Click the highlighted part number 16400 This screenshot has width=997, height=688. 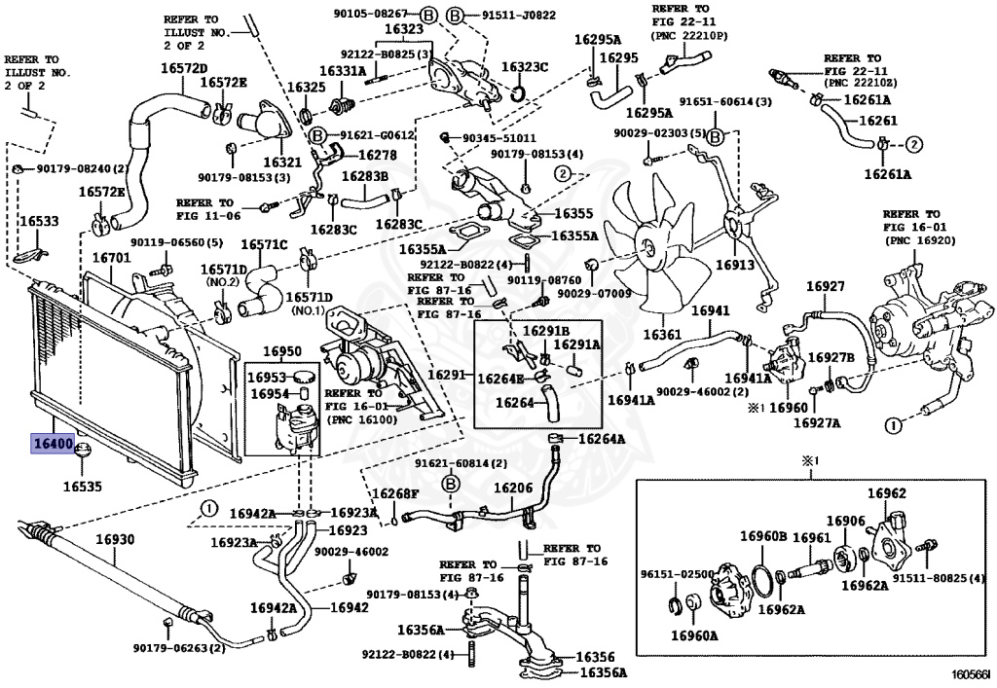pyautogui.click(x=53, y=443)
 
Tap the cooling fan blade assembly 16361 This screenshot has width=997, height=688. pyautogui.click(x=655, y=248)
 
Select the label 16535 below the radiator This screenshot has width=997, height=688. pyautogui.click(x=82, y=487)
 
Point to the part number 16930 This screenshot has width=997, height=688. pyautogui.click(x=115, y=539)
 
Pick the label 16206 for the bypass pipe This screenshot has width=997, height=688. pyautogui.click(x=513, y=488)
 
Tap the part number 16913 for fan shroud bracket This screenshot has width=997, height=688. pyautogui.click(x=734, y=265)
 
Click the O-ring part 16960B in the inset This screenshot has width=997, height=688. pyautogui.click(x=760, y=580)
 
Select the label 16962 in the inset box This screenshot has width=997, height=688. pyautogui.click(x=887, y=493)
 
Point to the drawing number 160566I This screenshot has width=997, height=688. pyautogui.click(x=971, y=674)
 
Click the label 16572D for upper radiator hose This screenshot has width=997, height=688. pyautogui.click(x=184, y=68)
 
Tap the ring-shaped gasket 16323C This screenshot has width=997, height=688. pyautogui.click(x=518, y=94)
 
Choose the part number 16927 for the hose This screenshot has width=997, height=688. pyautogui.click(x=826, y=286)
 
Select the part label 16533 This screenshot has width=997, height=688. pyautogui.click(x=39, y=221)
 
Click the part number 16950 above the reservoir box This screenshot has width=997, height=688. pyautogui.click(x=281, y=351)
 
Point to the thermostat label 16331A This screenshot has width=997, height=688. pyautogui.click(x=343, y=70)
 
